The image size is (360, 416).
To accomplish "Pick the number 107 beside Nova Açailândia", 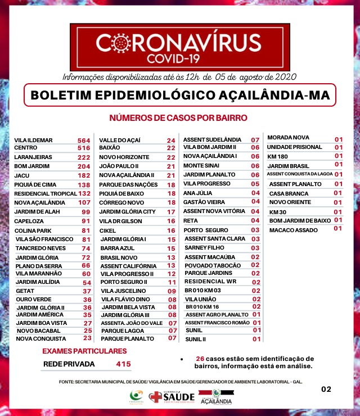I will click(x=84, y=202).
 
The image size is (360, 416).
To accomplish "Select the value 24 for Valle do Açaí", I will click(x=171, y=140).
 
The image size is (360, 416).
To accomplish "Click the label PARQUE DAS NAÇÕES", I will click(x=129, y=184).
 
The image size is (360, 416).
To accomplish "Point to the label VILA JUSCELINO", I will click(x=123, y=291).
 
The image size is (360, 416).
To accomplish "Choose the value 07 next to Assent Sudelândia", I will click(x=255, y=139).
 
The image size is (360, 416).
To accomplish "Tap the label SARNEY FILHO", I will click(x=206, y=247).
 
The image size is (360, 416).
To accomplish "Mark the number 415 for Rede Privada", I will click(x=123, y=364).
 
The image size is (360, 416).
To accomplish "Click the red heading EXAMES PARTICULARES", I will click(x=80, y=351).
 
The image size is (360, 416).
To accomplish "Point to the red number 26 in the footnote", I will click(x=200, y=359).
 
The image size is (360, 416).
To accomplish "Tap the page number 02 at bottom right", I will click(x=326, y=388).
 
